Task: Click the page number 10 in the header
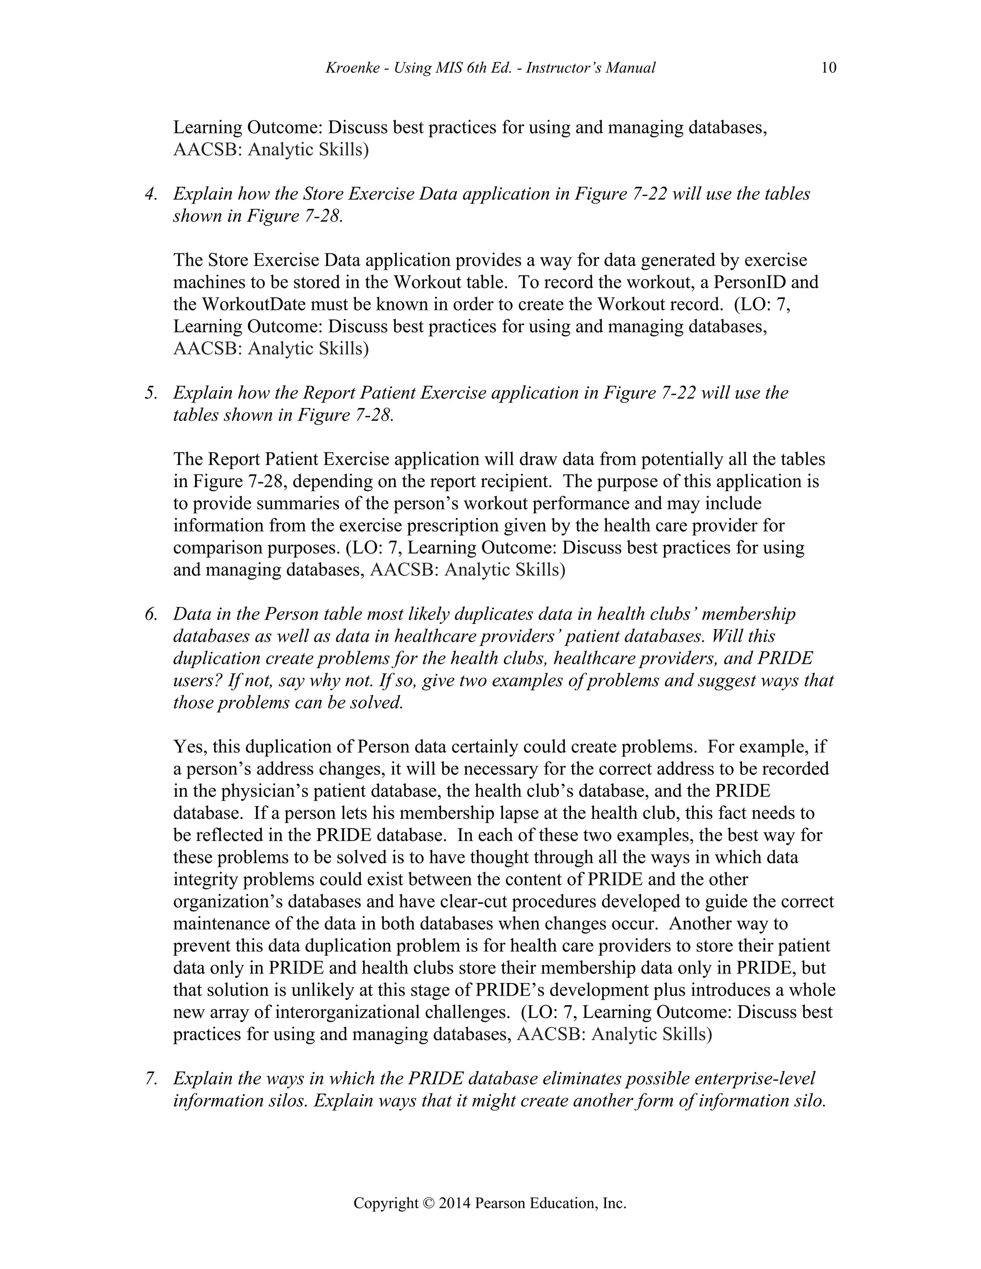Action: (x=829, y=68)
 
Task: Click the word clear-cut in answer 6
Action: (x=480, y=902)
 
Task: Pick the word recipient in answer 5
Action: (x=512, y=482)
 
